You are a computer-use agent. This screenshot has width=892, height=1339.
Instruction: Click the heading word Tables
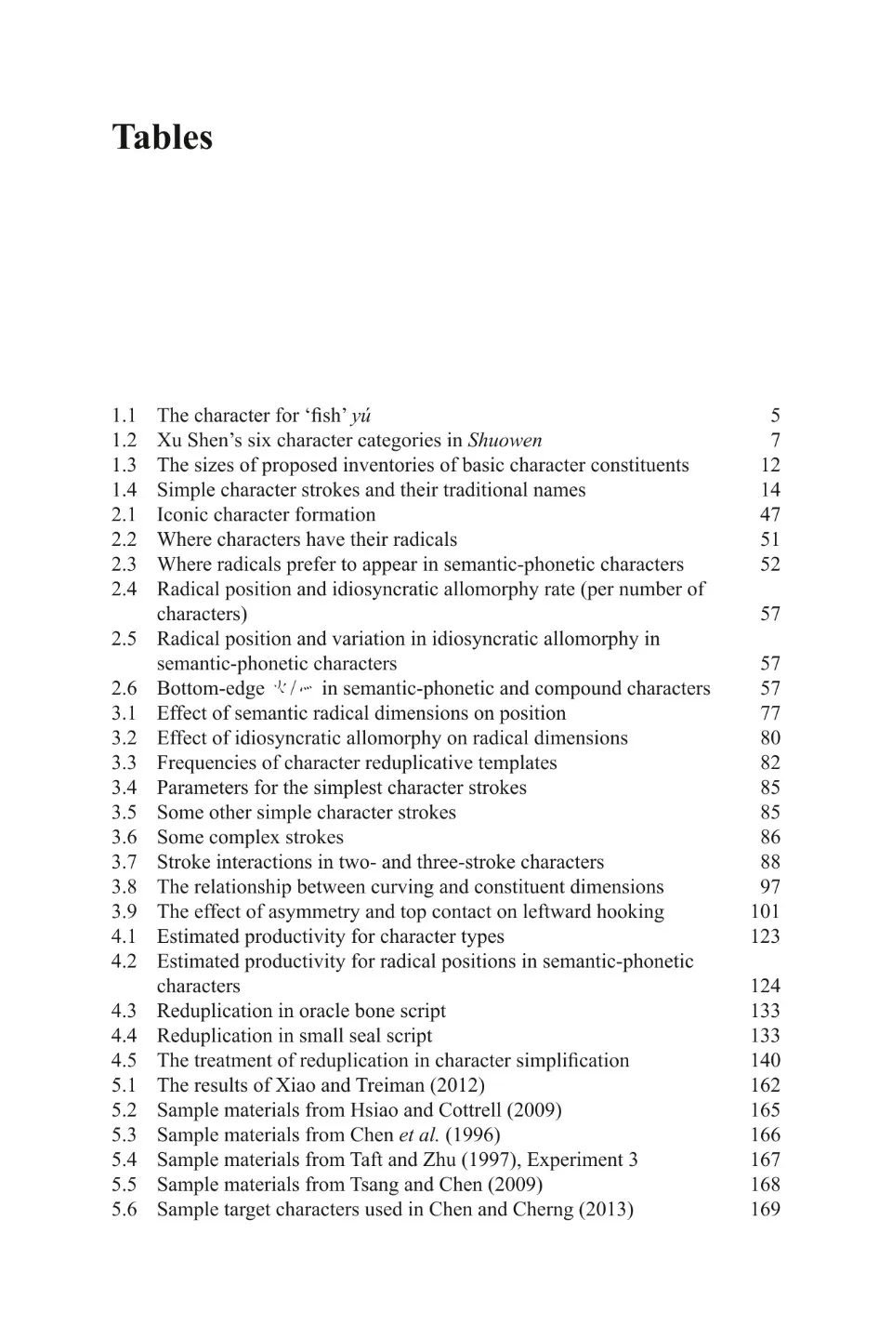(x=163, y=137)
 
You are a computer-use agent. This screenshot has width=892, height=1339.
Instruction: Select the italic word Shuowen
(x=505, y=441)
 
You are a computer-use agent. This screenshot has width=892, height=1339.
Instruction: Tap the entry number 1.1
(x=124, y=416)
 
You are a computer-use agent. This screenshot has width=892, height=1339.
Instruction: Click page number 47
(x=770, y=515)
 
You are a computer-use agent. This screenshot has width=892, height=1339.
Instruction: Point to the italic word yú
(x=361, y=417)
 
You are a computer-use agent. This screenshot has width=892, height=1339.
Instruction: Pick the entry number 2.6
(x=124, y=689)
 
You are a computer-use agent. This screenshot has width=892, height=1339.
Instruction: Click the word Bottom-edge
(x=211, y=689)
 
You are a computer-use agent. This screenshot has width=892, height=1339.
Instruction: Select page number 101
(x=766, y=912)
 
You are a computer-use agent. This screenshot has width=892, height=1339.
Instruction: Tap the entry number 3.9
(x=124, y=912)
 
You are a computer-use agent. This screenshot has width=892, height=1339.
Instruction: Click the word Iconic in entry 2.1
(x=183, y=515)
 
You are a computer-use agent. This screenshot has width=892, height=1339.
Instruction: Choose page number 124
(x=766, y=987)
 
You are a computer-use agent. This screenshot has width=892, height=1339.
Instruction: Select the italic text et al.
(x=419, y=1135)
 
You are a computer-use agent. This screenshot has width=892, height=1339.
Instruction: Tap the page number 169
(x=766, y=1210)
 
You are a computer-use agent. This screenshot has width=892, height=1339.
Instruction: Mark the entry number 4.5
(x=124, y=1061)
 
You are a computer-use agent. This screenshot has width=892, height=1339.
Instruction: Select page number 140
(x=766, y=1061)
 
